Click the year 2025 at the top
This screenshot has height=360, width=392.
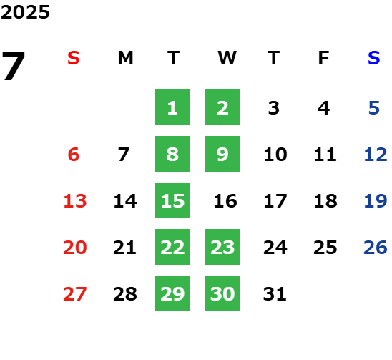(25, 12)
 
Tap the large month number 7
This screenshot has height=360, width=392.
(14, 66)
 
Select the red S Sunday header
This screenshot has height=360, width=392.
(74, 58)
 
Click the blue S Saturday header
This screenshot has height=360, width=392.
(373, 58)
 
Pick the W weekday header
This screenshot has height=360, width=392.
(227, 58)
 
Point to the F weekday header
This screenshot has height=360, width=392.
(324, 58)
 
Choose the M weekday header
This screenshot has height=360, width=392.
(125, 58)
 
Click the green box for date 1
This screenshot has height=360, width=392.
(172, 107)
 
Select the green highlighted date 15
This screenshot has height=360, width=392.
(172, 200)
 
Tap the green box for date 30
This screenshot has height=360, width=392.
(222, 293)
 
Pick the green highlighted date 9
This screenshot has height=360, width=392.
(222, 154)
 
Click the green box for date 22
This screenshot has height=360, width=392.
(172, 247)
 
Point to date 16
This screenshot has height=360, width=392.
(225, 200)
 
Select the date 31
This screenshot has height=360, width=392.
(275, 293)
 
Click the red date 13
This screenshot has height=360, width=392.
(75, 200)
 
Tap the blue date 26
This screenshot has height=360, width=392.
(376, 247)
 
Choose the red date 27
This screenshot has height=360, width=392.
(75, 293)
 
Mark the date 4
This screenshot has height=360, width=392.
(324, 108)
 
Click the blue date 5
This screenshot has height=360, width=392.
(374, 108)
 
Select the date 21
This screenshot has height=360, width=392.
(124, 247)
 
